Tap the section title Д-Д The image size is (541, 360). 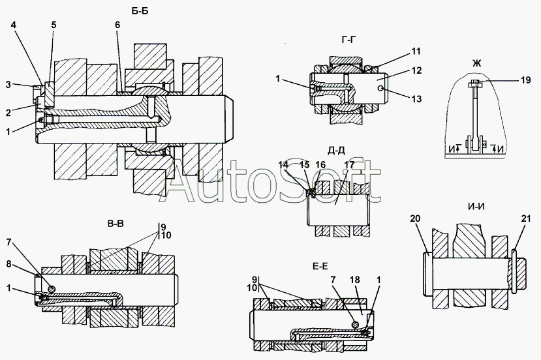[336, 151]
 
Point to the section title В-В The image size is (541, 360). [116, 225]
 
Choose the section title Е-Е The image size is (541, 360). [320, 265]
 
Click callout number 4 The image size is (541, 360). [14, 25]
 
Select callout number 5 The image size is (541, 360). [54, 25]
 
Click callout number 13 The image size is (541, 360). [416, 98]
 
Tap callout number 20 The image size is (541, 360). [415, 218]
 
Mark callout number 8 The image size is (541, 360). [9, 264]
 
